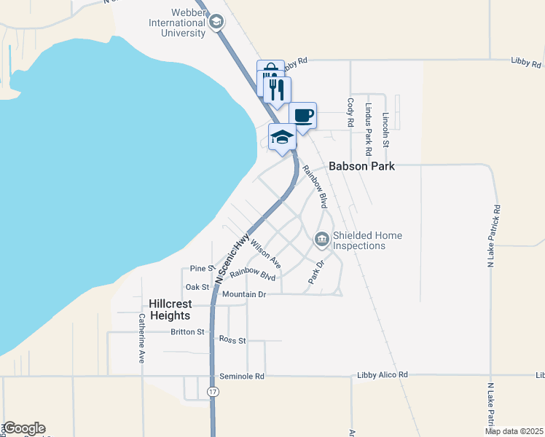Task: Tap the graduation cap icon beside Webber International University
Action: pyautogui.click(x=216, y=23)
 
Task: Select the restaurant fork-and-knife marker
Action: pyautogui.click(x=277, y=90)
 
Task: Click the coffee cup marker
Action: pyautogui.click(x=302, y=115)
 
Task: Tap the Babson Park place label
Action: pyautogui.click(x=361, y=166)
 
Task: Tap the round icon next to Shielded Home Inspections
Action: pyautogui.click(x=321, y=238)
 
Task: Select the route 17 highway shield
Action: pyautogui.click(x=212, y=392)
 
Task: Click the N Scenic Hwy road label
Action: pyautogui.click(x=232, y=259)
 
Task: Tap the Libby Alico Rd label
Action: pyautogui.click(x=383, y=375)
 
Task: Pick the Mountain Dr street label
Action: pyautogui.click(x=245, y=294)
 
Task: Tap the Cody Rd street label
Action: pyautogui.click(x=350, y=113)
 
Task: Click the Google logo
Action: pyautogui.click(x=24, y=428)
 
